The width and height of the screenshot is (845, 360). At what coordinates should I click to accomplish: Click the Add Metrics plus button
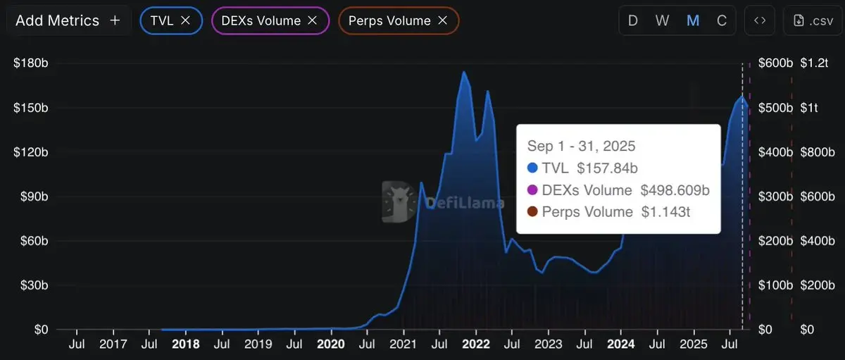[x=115, y=21]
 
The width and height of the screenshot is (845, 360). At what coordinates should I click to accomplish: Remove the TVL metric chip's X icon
[x=186, y=21]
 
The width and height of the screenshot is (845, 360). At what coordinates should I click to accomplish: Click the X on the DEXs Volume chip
[x=312, y=21]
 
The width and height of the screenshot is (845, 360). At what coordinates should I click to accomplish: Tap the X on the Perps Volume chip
[x=442, y=21]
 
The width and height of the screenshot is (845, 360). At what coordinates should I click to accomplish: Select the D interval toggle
[x=633, y=21]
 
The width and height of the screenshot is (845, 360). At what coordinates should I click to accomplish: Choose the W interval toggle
[x=663, y=21]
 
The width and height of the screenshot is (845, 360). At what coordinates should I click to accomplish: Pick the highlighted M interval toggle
[x=693, y=21]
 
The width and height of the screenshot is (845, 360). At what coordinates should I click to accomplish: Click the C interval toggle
[x=722, y=21]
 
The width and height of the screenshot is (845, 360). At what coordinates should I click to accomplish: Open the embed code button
[x=760, y=21]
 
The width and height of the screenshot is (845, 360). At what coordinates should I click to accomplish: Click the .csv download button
[x=812, y=21]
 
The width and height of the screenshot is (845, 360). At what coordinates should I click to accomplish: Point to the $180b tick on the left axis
[x=30, y=63]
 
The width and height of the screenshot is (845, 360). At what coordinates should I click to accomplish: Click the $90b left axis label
[x=30, y=197]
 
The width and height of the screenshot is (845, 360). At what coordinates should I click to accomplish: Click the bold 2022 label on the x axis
[x=476, y=345]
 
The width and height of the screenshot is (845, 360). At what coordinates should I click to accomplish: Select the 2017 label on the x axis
[x=113, y=345]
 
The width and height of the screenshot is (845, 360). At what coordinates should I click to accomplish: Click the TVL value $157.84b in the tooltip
[x=607, y=168]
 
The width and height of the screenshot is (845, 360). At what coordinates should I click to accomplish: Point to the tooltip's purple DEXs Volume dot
[x=532, y=190]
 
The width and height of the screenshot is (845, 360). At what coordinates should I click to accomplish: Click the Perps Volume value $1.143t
[x=665, y=212]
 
